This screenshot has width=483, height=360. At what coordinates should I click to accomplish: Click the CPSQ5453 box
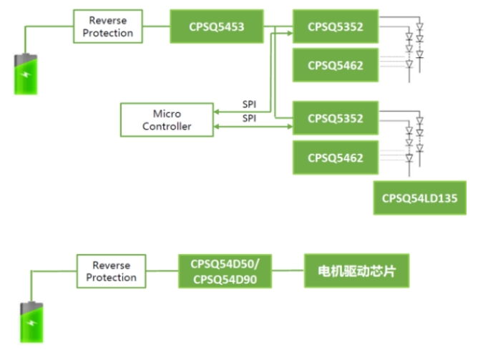[217, 27]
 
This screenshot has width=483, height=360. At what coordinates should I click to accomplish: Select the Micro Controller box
[166, 120]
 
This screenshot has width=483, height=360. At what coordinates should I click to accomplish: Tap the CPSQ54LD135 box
[419, 198]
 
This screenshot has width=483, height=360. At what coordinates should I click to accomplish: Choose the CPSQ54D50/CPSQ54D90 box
[225, 271]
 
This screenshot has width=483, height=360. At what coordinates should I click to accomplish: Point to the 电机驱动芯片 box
[357, 271]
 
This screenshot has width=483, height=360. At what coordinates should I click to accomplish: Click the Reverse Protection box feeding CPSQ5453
[111, 27]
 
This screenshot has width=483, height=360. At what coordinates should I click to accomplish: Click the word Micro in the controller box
[167, 114]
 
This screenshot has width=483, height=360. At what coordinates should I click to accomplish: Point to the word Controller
[167, 126]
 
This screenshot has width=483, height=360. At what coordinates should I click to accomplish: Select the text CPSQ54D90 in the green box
[225, 278]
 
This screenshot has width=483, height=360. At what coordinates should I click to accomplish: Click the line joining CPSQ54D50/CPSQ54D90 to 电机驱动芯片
[288, 271]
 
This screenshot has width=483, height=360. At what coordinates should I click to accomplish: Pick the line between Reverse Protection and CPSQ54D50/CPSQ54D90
[163, 271]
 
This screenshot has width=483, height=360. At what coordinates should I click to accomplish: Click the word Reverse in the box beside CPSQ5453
[111, 21]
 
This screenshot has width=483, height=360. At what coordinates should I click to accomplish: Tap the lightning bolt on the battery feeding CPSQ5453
[25, 75]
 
